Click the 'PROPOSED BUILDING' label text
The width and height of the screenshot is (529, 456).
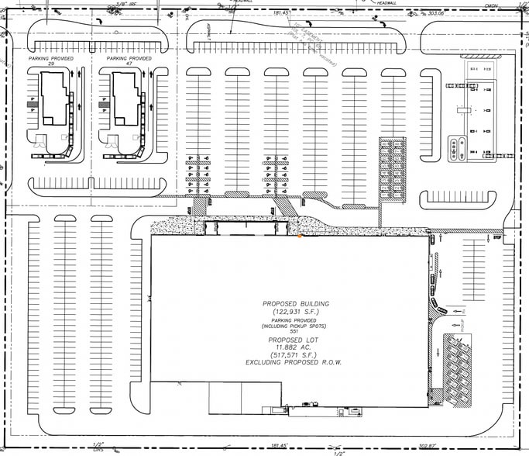295,303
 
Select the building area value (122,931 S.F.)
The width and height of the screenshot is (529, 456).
295,312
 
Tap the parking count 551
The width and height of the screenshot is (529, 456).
295,332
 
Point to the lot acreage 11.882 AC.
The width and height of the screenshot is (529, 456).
295,347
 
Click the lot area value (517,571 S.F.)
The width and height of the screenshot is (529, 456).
295,355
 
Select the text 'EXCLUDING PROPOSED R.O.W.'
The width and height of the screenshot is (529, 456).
295,363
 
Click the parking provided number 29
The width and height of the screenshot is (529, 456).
51,64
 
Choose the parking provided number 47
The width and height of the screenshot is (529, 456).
129,64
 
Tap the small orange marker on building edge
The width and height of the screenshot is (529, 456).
300,235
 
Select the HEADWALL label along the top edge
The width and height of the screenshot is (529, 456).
385,3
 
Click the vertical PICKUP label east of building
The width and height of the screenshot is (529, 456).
462,319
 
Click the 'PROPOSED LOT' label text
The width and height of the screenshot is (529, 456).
295,340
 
